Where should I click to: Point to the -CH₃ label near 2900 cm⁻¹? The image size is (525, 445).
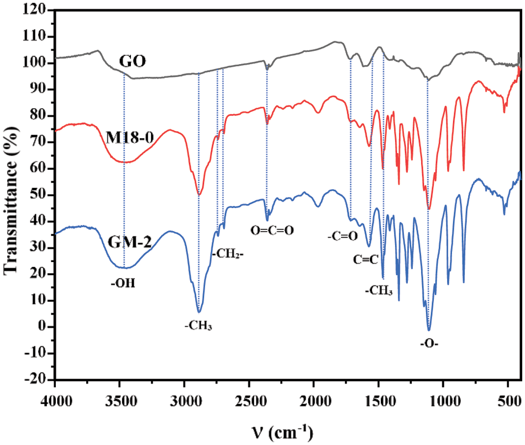point(199,326)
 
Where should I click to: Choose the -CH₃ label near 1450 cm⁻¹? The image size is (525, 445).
point(379,290)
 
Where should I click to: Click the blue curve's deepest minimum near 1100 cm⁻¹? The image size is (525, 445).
point(428,330)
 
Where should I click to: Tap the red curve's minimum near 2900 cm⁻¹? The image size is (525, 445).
point(199,195)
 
